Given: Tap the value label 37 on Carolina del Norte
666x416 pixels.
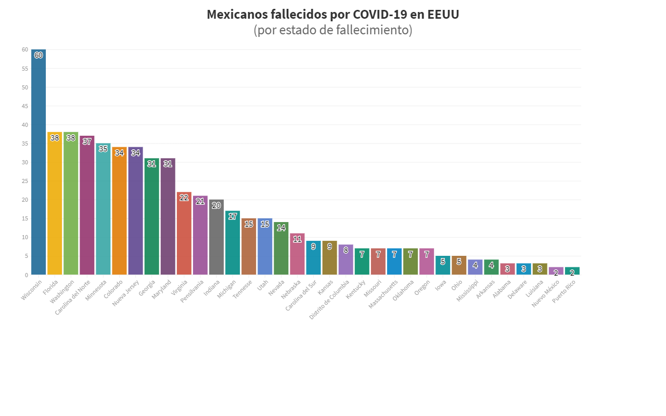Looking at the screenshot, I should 87,141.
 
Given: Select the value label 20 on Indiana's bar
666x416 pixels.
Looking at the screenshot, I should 216,205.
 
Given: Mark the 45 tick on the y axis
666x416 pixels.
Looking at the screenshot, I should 24,106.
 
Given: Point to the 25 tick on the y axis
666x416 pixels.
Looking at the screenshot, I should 24,181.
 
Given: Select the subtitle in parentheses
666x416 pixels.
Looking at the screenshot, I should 333,30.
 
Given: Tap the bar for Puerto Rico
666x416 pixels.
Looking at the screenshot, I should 572,271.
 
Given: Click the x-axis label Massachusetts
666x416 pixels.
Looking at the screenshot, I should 383,294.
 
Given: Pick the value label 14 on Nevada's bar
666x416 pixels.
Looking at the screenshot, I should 281,228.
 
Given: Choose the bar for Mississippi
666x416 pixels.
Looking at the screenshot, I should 475,267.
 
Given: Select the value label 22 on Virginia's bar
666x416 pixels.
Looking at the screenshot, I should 184,198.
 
